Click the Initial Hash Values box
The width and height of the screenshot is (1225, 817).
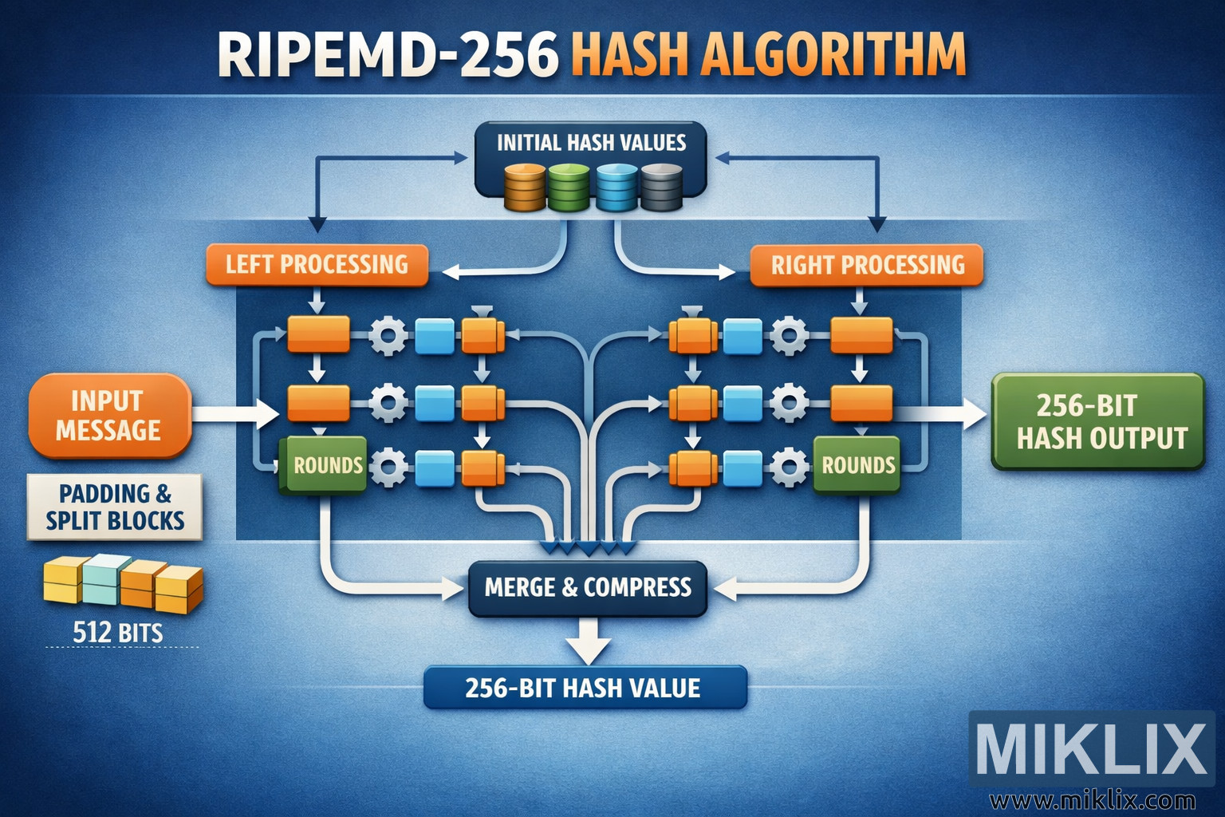[x=590, y=143]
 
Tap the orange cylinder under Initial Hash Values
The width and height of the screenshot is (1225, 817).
[x=524, y=187]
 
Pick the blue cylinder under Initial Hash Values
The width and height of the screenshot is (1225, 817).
[x=616, y=187]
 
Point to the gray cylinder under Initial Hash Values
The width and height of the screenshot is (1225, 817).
[x=661, y=187]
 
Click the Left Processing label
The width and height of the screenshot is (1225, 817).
[x=317, y=265]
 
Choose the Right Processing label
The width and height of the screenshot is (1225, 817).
[x=867, y=265]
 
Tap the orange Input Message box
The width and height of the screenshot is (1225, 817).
[x=109, y=415]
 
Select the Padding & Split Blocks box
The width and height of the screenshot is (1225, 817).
[x=115, y=507]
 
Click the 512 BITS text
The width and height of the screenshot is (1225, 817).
[x=118, y=633]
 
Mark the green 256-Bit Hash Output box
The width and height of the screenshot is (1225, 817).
[x=1097, y=421]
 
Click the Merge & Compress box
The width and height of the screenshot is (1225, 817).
[x=588, y=588]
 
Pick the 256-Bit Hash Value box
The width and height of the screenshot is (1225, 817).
[x=584, y=688]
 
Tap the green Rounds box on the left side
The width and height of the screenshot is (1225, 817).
[x=325, y=465]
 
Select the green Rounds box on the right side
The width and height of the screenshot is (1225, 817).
[x=857, y=465]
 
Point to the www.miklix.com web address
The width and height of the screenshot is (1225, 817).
[x=1093, y=799]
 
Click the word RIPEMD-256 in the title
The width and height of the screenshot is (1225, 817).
[x=388, y=56]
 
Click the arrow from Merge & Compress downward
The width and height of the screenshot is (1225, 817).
[x=591, y=639]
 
